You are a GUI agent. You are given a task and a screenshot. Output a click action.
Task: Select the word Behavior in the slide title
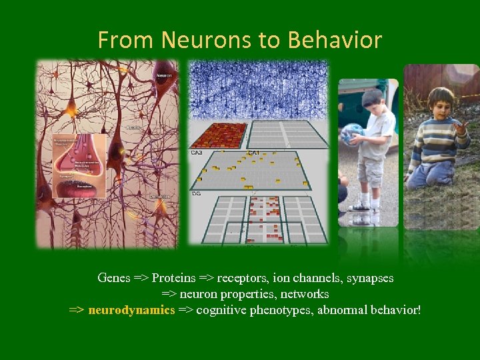[x=334, y=41]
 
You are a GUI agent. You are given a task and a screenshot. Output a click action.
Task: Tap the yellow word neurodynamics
[x=131, y=310]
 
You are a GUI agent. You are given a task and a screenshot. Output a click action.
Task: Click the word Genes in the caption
[x=113, y=277]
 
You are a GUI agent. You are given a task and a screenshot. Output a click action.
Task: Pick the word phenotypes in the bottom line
[x=281, y=310]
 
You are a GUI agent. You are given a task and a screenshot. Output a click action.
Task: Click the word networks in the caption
[x=306, y=294]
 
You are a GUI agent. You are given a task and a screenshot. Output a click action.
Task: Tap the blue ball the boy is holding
[x=353, y=134]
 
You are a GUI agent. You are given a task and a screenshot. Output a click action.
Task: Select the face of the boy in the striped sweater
[x=441, y=103]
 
